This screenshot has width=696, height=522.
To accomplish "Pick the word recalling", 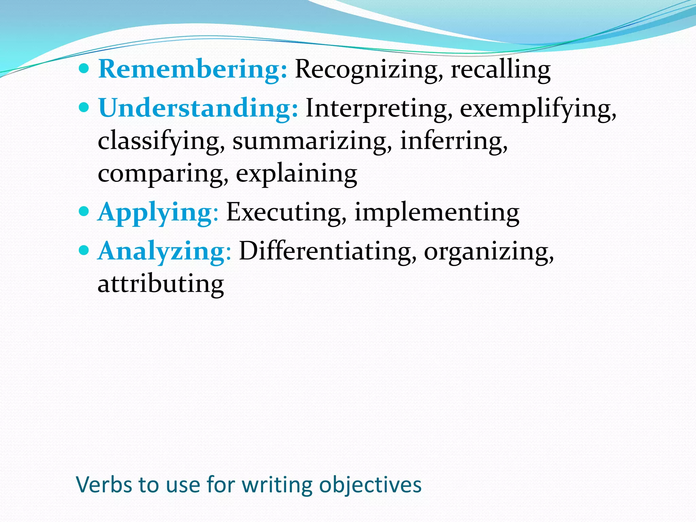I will [x=500, y=69].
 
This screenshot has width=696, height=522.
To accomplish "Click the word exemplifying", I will [x=538, y=108].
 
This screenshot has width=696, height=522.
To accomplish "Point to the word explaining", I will [x=296, y=173].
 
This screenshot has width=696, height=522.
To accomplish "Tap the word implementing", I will [x=437, y=212].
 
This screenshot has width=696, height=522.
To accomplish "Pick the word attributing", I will [x=161, y=284].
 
